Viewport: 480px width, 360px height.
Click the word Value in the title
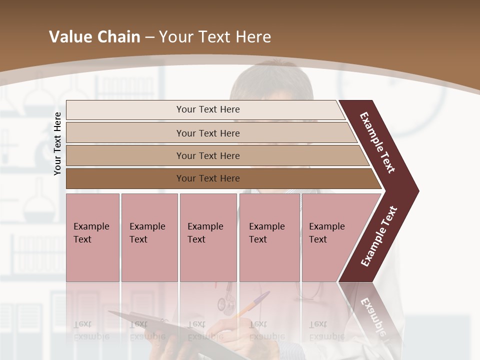coord(69,37)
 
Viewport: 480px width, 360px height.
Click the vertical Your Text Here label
coord(57,143)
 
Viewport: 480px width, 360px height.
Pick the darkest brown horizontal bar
coord(220,178)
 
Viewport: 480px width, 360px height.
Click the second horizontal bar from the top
coord(210,133)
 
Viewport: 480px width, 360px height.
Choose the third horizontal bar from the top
coord(215,155)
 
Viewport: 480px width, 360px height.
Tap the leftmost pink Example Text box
coord(92,237)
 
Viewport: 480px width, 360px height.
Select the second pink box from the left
coord(149,237)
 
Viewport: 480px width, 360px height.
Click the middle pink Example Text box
coord(208,237)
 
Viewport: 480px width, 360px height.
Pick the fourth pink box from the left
coord(269,237)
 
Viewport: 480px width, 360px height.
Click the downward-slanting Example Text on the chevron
coord(378,142)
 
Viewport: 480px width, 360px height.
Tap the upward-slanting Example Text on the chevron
coord(378,236)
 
